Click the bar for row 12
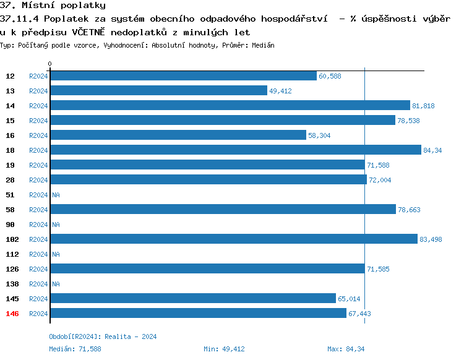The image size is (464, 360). (183, 75)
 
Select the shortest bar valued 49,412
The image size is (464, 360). (158, 90)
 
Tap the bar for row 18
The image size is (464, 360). (235, 150)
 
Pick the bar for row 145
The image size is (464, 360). (192, 298)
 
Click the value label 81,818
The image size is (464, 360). (423, 106)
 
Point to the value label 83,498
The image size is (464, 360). (431, 239)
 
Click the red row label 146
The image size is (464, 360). (12, 314)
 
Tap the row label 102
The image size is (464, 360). (12, 239)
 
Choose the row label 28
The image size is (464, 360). (11, 180)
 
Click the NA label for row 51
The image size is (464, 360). (56, 195)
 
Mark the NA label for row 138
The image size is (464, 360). (56, 284)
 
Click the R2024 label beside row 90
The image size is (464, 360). (38, 225)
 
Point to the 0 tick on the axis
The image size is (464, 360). (50, 64)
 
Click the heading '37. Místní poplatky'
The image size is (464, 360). (53, 6)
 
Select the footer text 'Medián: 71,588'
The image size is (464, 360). (75, 349)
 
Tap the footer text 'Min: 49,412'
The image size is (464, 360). (224, 349)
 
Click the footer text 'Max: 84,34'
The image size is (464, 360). (346, 349)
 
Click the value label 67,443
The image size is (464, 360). (359, 314)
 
